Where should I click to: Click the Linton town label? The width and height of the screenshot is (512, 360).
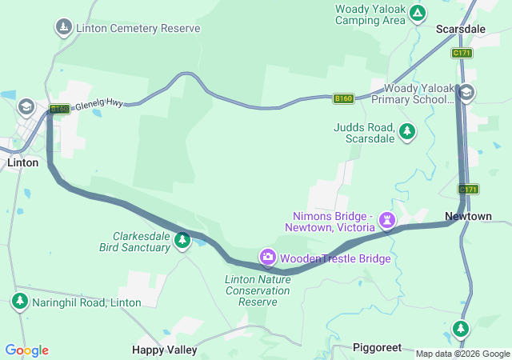coord(22,162)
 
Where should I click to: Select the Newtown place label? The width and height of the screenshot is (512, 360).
coord(468,217)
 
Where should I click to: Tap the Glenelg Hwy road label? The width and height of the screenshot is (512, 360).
coord(99,105)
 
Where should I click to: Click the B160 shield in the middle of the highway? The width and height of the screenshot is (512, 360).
coord(343,98)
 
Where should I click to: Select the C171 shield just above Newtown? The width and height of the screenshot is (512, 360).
coord(468,189)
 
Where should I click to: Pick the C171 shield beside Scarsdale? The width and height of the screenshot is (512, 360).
coord(462,53)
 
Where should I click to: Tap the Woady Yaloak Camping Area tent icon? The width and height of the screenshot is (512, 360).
coord(418,13)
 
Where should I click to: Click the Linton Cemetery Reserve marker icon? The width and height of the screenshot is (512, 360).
coord(63,28)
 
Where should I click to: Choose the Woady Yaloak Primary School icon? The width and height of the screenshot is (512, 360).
coord(466,94)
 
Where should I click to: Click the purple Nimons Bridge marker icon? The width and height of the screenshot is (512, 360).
coord(387,218)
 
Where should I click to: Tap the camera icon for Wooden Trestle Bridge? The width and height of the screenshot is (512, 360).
coord(268,257)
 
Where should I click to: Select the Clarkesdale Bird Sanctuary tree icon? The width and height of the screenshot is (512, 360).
coord(182,239)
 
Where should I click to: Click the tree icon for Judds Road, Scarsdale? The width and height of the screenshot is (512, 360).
coord(407,130)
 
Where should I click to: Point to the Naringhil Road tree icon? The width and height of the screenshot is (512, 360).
coord(19,302)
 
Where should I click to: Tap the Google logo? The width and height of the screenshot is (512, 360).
coord(27,350)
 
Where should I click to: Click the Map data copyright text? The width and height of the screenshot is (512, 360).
coord(462,354)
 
